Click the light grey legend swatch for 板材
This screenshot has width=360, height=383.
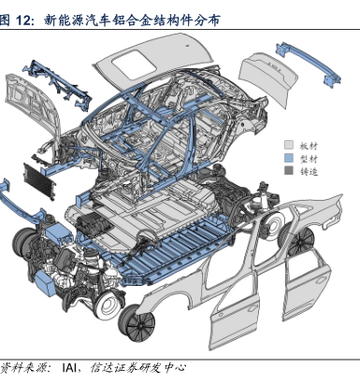pos(289,145)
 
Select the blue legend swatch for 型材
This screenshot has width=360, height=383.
pos(289,158)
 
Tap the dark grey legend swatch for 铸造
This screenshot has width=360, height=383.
pos(289,171)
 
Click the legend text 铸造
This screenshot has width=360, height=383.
pos(309,171)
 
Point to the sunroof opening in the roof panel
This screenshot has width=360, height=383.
pos(134,64)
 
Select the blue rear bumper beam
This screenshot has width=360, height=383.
pos(309,64)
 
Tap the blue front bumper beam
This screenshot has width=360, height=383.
pos(22,206)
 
